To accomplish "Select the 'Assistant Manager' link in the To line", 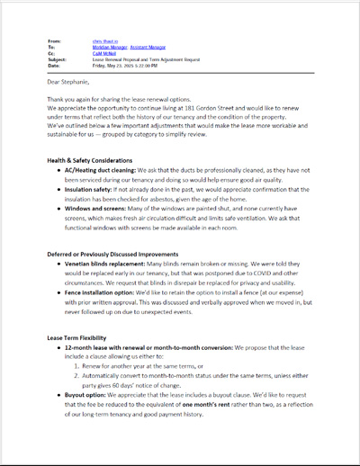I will [x=147, y=47].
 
